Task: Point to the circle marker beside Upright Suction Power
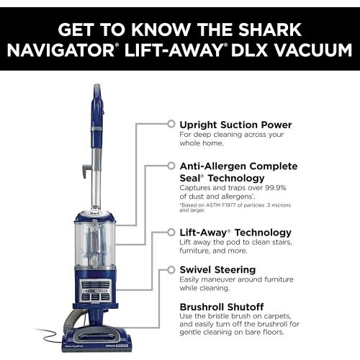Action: tap(171, 124)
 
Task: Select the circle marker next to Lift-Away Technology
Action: tap(171, 233)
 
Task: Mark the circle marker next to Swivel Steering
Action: tap(171, 269)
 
